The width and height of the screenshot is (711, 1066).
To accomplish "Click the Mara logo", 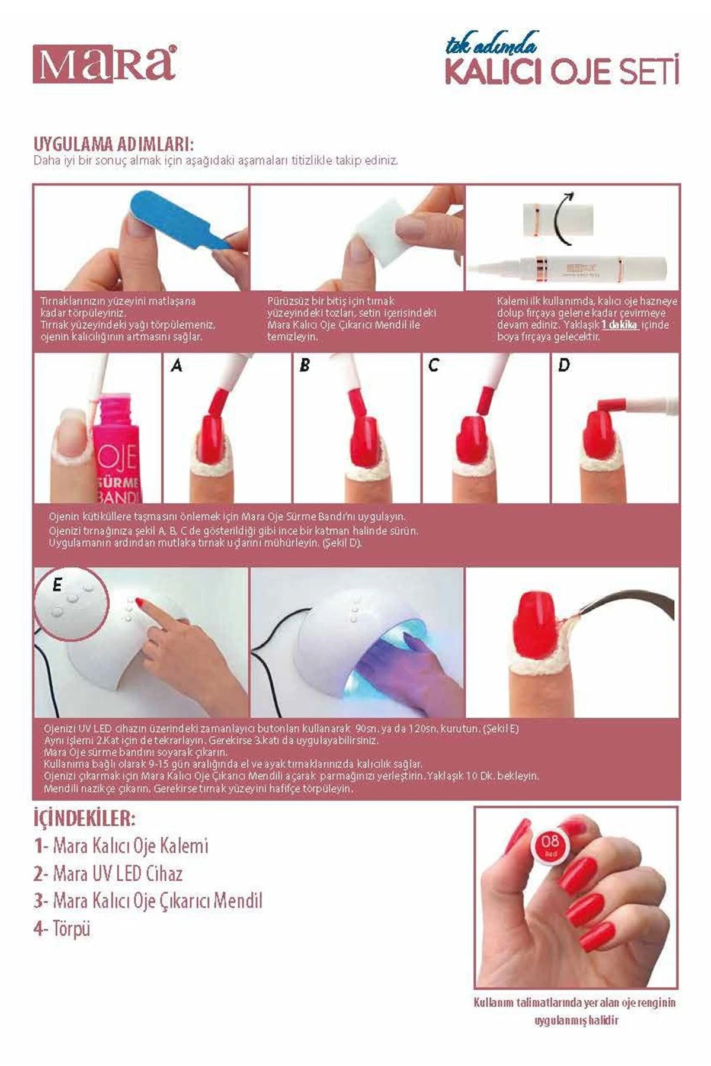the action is [104, 63].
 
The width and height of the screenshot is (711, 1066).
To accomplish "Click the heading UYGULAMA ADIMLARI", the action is [114, 145].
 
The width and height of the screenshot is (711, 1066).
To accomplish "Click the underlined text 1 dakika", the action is [620, 325].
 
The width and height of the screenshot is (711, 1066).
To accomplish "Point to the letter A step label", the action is [176, 366].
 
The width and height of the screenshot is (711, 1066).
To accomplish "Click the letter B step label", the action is [305, 366].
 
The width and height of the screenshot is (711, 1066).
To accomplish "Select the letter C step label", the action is [434, 366].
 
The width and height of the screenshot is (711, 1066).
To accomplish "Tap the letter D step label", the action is [563, 366].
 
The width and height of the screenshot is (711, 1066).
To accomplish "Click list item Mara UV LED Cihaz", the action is [108, 874].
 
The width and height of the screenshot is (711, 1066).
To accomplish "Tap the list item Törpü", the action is [62, 928].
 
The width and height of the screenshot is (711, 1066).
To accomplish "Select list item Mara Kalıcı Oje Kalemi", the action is [121, 846].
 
